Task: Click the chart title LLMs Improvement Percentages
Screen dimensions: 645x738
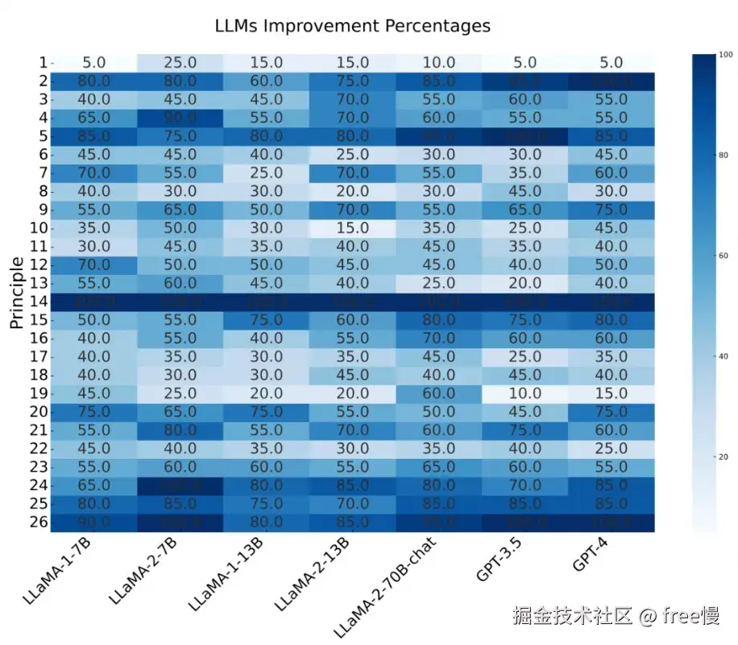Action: pyautogui.click(x=352, y=26)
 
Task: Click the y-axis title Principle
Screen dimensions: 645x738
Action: pyautogui.click(x=17, y=292)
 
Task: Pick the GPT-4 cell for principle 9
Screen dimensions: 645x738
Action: pyautogui.click(x=611, y=210)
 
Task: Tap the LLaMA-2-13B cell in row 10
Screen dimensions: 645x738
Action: pyautogui.click(x=353, y=228)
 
